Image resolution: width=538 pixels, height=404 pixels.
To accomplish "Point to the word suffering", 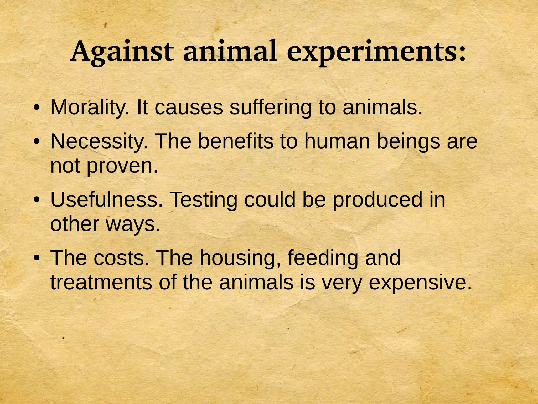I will tap(271, 108).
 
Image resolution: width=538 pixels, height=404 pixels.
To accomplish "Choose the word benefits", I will tap(235, 141).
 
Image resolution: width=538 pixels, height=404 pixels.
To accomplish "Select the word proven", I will tap(122, 166).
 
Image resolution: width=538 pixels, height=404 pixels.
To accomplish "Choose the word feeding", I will tap(323, 258).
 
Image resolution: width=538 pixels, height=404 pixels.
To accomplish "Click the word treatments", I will tap(101, 282).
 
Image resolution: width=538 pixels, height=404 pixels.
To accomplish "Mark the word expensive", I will tap(420, 283).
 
